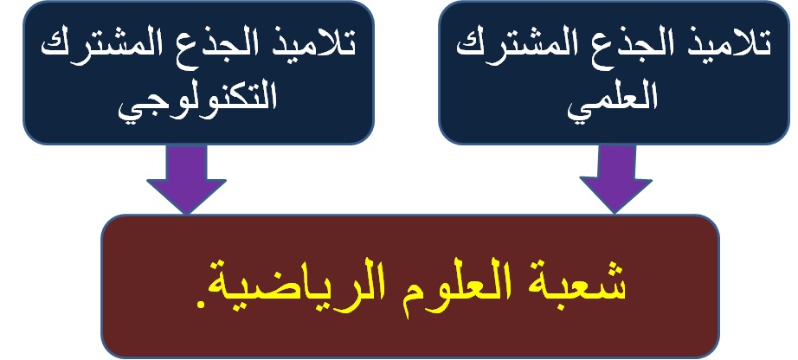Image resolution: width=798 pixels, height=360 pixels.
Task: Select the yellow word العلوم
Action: (x=450, y=287)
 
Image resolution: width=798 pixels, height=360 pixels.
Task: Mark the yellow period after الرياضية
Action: (x=201, y=305)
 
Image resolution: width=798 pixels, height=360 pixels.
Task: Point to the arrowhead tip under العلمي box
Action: (x=615, y=213)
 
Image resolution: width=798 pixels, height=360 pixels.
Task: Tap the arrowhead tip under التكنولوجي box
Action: (x=186, y=214)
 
